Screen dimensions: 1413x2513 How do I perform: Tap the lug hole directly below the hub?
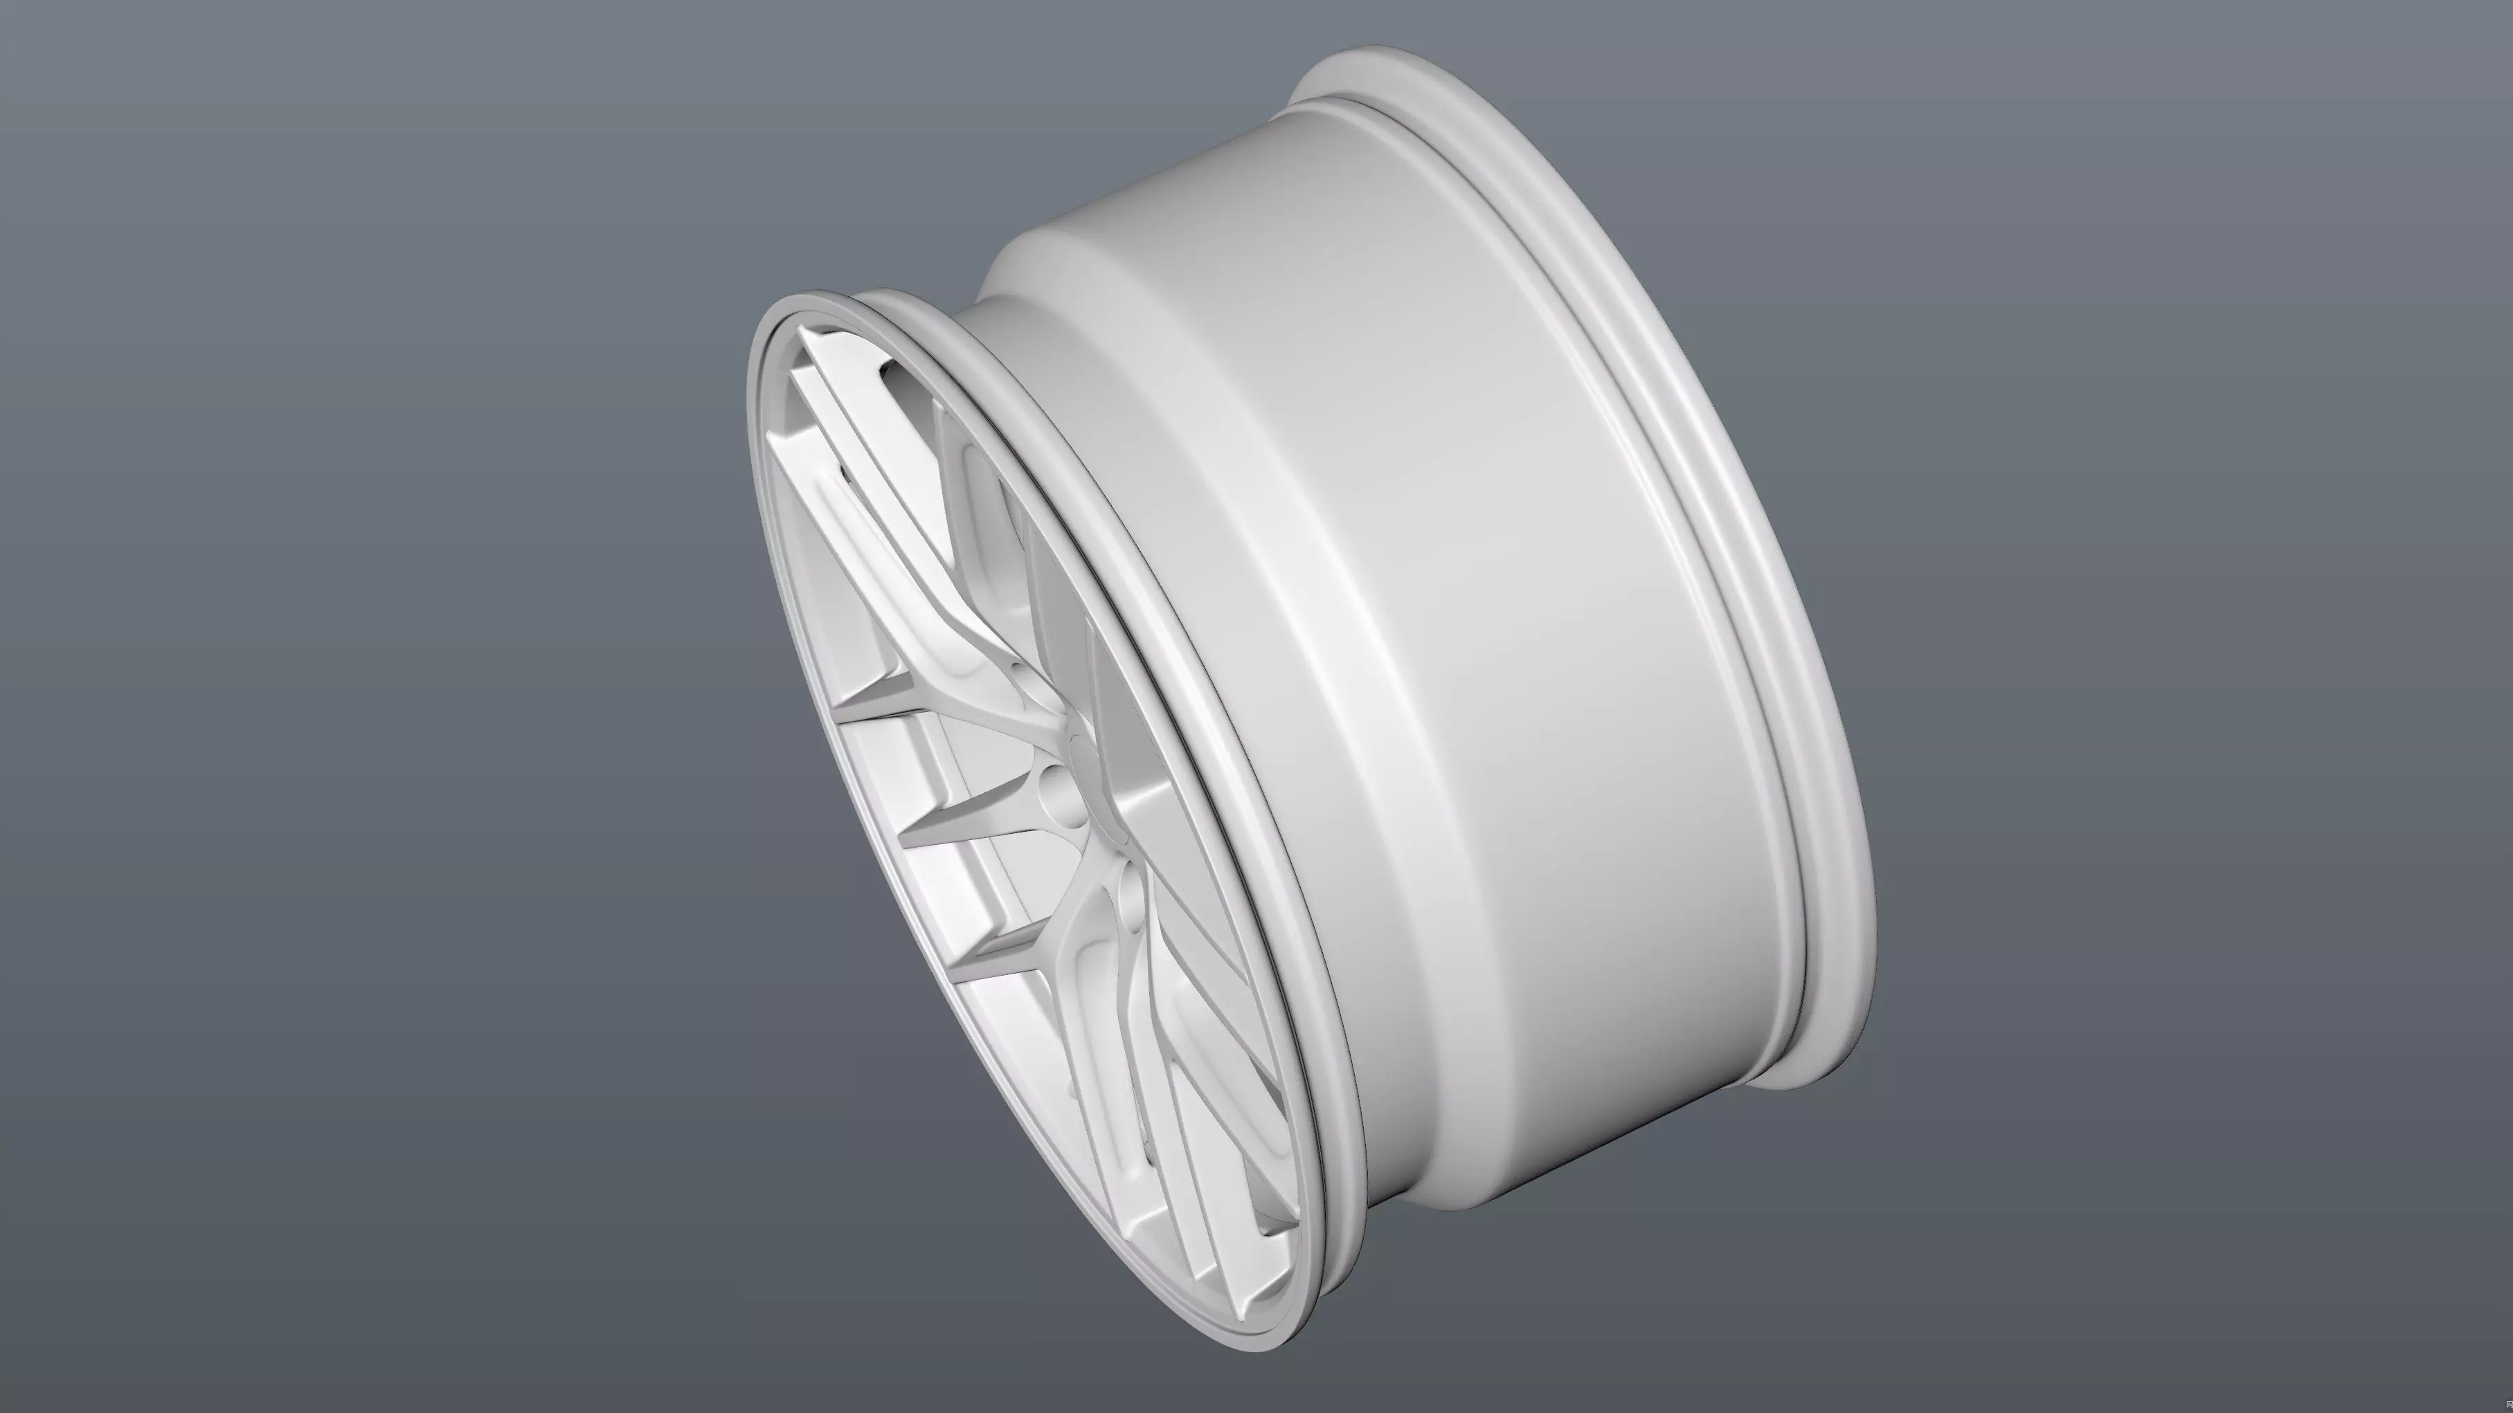coord(1132,902)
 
